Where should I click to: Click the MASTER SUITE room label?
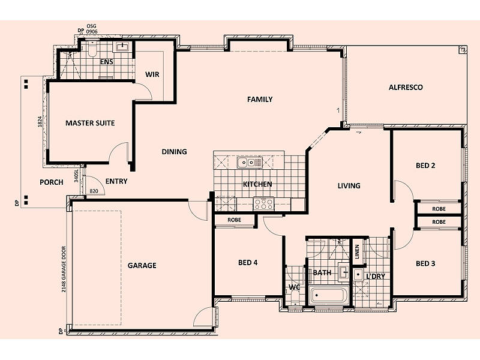click(x=90, y=123)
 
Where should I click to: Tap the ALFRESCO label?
click(x=406, y=87)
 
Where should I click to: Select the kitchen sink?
click(x=250, y=162)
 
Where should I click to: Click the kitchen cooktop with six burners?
click(x=263, y=204)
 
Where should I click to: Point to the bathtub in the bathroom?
click(x=328, y=295)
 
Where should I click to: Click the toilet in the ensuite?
click(x=92, y=49)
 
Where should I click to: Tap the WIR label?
click(x=152, y=74)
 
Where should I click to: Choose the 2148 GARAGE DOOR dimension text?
click(x=64, y=269)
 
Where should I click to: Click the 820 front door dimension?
click(x=94, y=191)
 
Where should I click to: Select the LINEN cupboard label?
click(x=357, y=251)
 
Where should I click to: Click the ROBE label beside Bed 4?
click(x=234, y=220)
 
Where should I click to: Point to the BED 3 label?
click(x=425, y=263)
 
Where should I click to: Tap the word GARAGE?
click(x=142, y=265)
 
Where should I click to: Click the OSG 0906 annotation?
click(x=92, y=29)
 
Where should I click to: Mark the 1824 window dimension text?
click(x=40, y=122)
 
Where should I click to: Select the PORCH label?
click(x=52, y=182)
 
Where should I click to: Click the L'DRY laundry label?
click(x=376, y=277)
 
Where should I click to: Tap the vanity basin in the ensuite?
click(x=122, y=47)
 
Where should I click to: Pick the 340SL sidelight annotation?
click(x=76, y=176)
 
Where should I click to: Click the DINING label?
click(x=174, y=152)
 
